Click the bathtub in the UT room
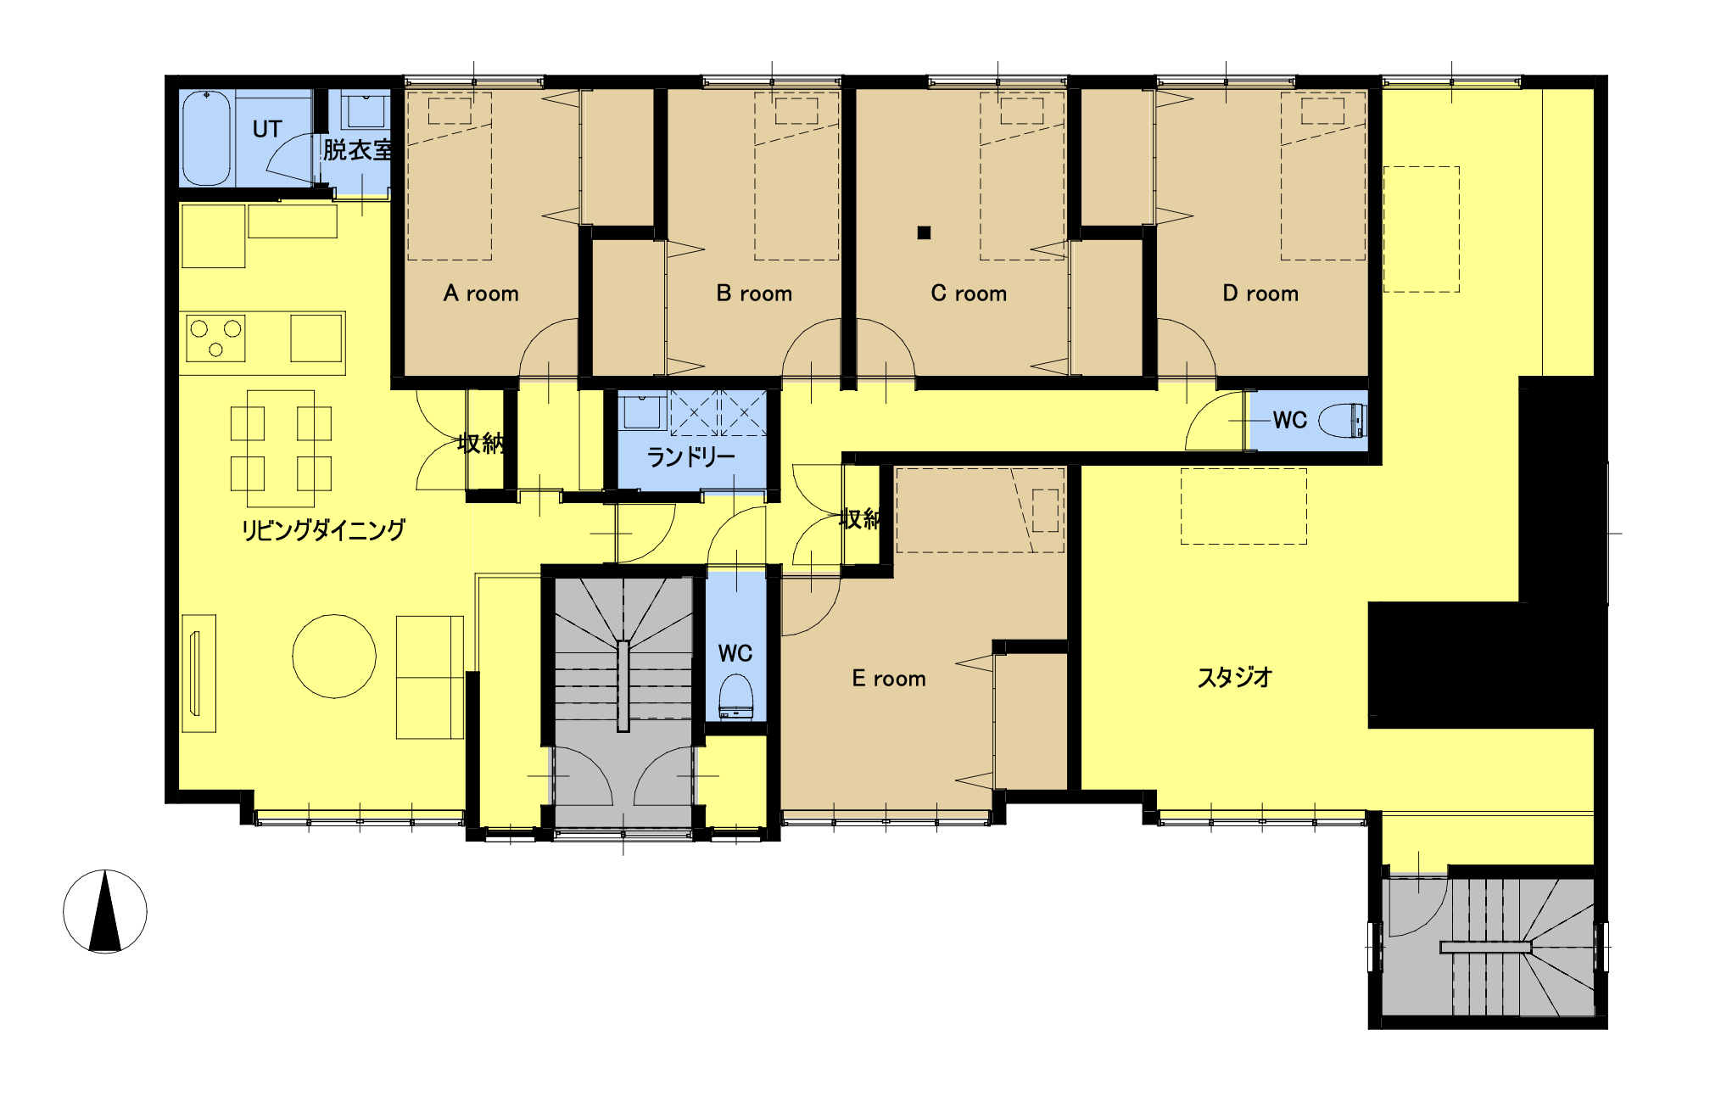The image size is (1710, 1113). pos(206,137)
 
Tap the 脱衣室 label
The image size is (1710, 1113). pos(358,150)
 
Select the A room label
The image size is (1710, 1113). pos(481,294)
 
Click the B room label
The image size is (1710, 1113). pos(754,294)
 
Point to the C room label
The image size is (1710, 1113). pos(969,294)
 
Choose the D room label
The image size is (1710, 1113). pos(1260,294)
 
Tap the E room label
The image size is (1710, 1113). pos(889,679)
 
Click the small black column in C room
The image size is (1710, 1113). pos(925,232)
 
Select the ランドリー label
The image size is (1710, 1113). pos(691,457)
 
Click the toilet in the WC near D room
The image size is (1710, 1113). pos(1343,421)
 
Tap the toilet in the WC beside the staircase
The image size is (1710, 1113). pos(735,696)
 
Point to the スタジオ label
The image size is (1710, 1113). pos(1235,677)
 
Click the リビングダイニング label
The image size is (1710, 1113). pos(323,530)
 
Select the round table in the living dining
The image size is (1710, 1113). pos(334,657)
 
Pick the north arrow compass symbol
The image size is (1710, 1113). pos(105,911)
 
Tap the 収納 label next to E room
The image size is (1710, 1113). pos(859,519)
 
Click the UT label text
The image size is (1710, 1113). pos(267,129)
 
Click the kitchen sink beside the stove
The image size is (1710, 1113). pos(316,338)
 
